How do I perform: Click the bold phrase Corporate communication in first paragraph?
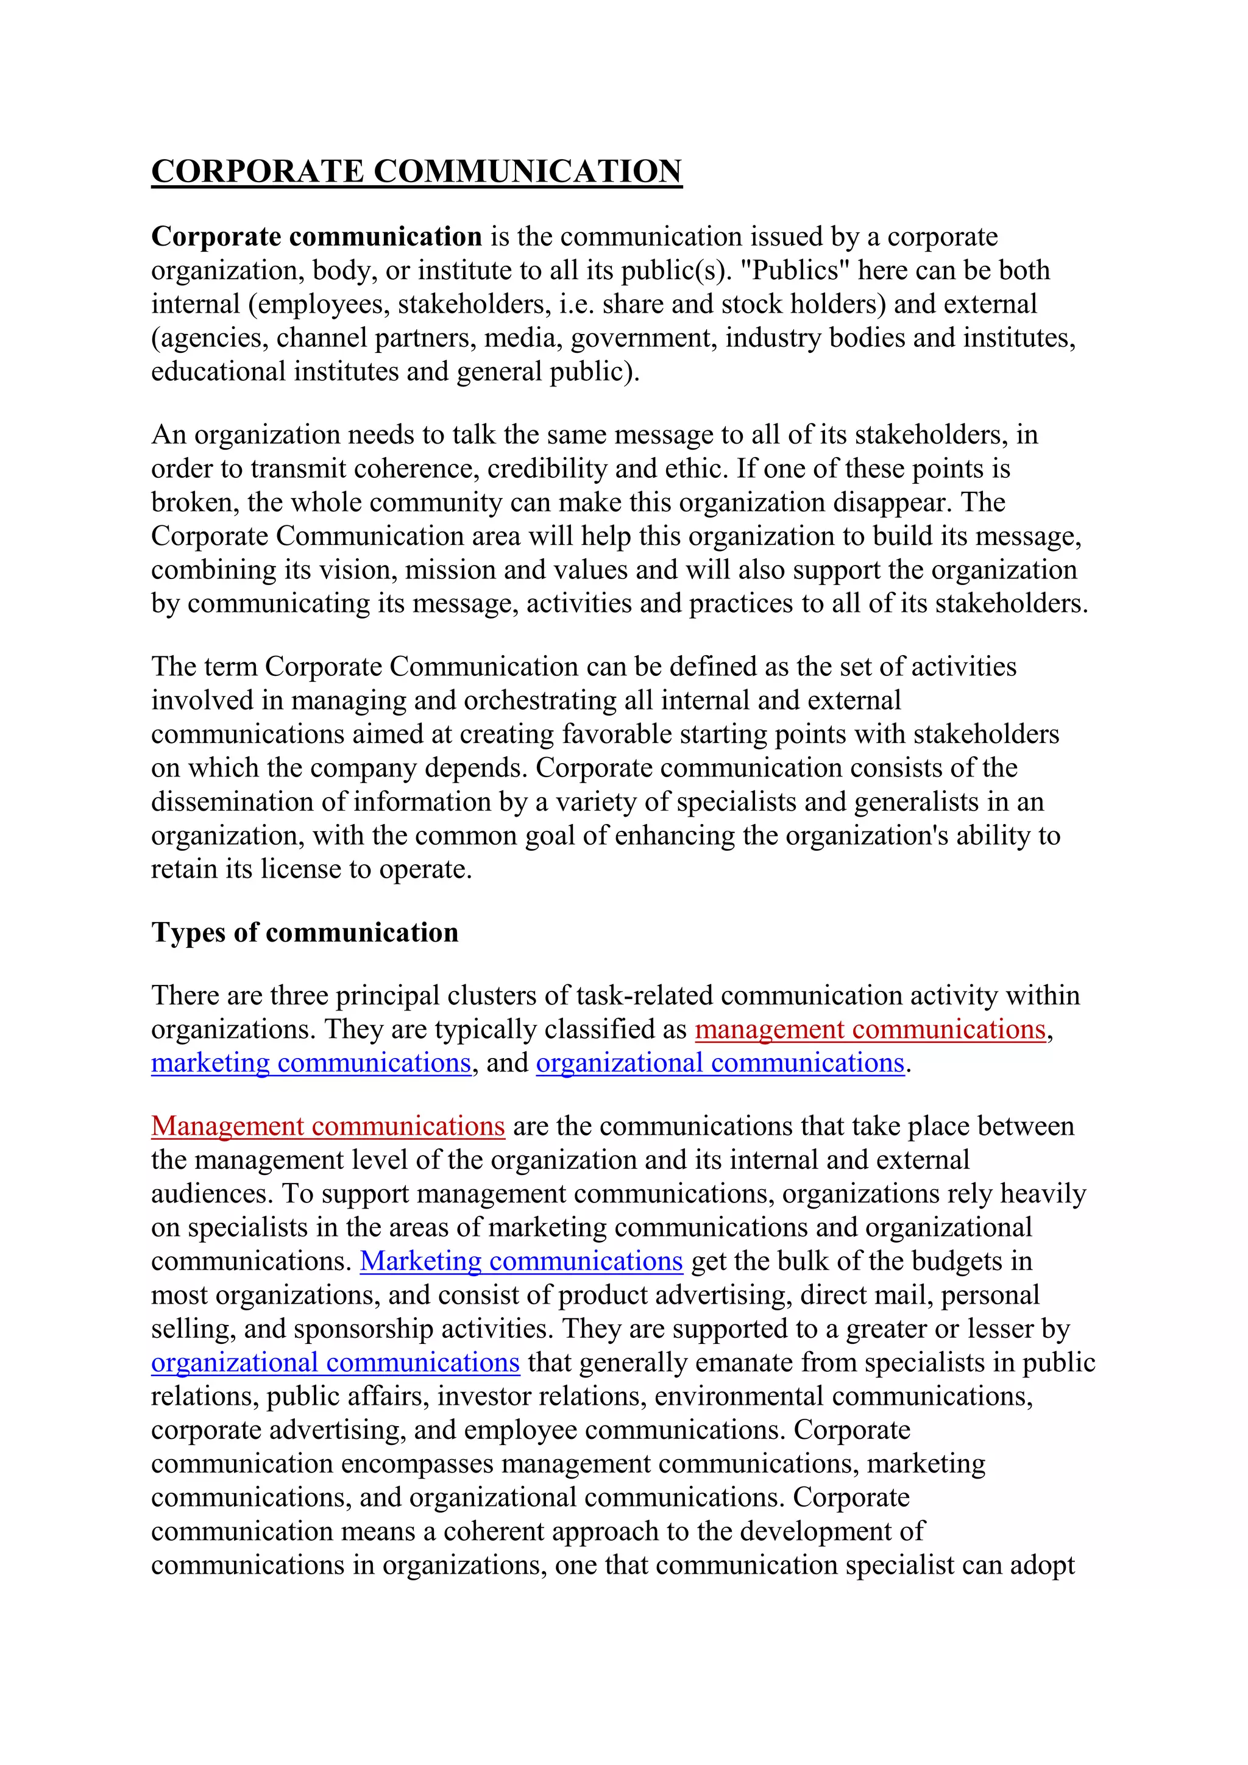point(316,236)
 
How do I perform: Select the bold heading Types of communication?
point(304,932)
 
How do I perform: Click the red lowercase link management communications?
point(870,1029)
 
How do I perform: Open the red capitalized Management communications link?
point(327,1126)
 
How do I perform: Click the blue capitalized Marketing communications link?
point(521,1262)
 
